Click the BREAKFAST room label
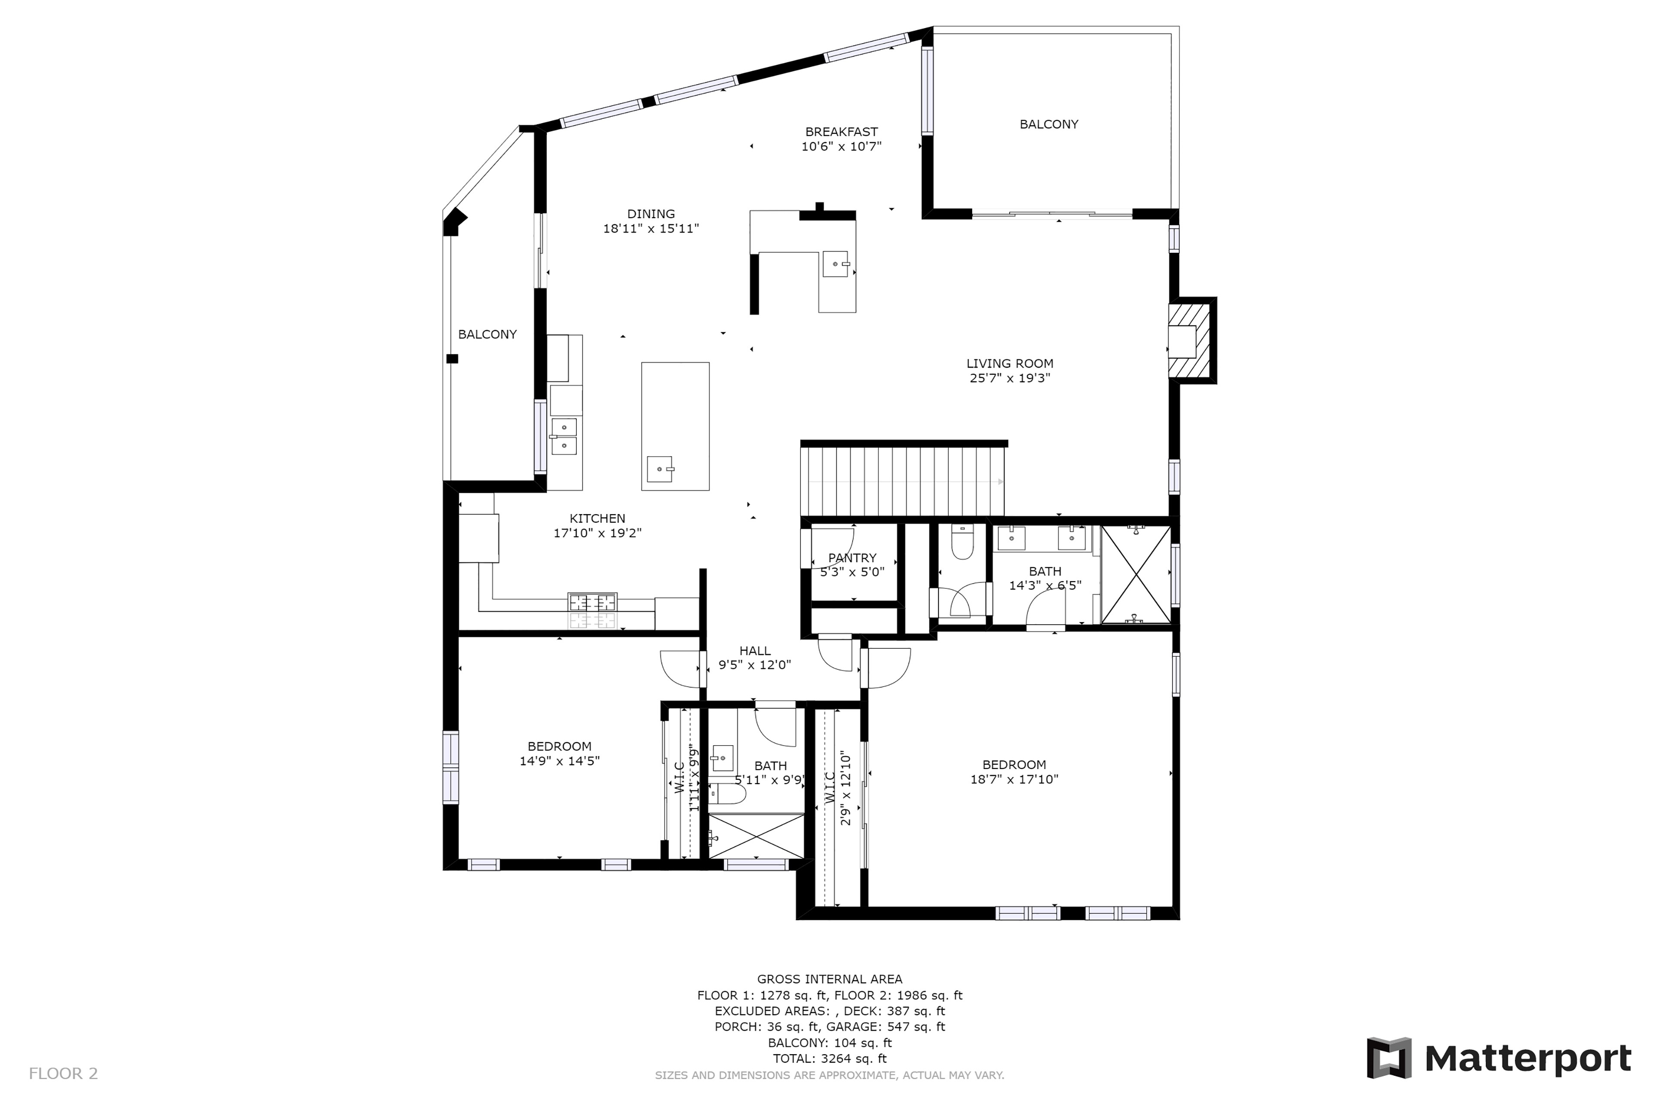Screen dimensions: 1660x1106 (841, 132)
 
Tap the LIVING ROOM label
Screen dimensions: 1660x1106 (1009, 363)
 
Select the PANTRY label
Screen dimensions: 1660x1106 (852, 558)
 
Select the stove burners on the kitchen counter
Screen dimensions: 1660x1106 (593, 602)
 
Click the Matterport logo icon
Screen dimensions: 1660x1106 (1389, 1058)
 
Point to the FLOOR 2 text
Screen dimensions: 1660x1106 (64, 1074)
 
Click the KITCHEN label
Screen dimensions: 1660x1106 (597, 518)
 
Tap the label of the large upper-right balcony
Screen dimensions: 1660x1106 (1049, 124)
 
